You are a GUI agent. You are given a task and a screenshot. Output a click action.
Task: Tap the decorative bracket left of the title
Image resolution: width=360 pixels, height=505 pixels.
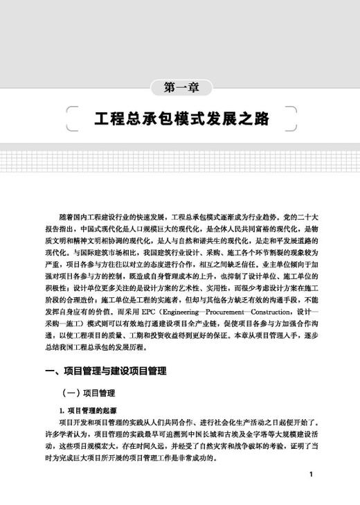point(68,118)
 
